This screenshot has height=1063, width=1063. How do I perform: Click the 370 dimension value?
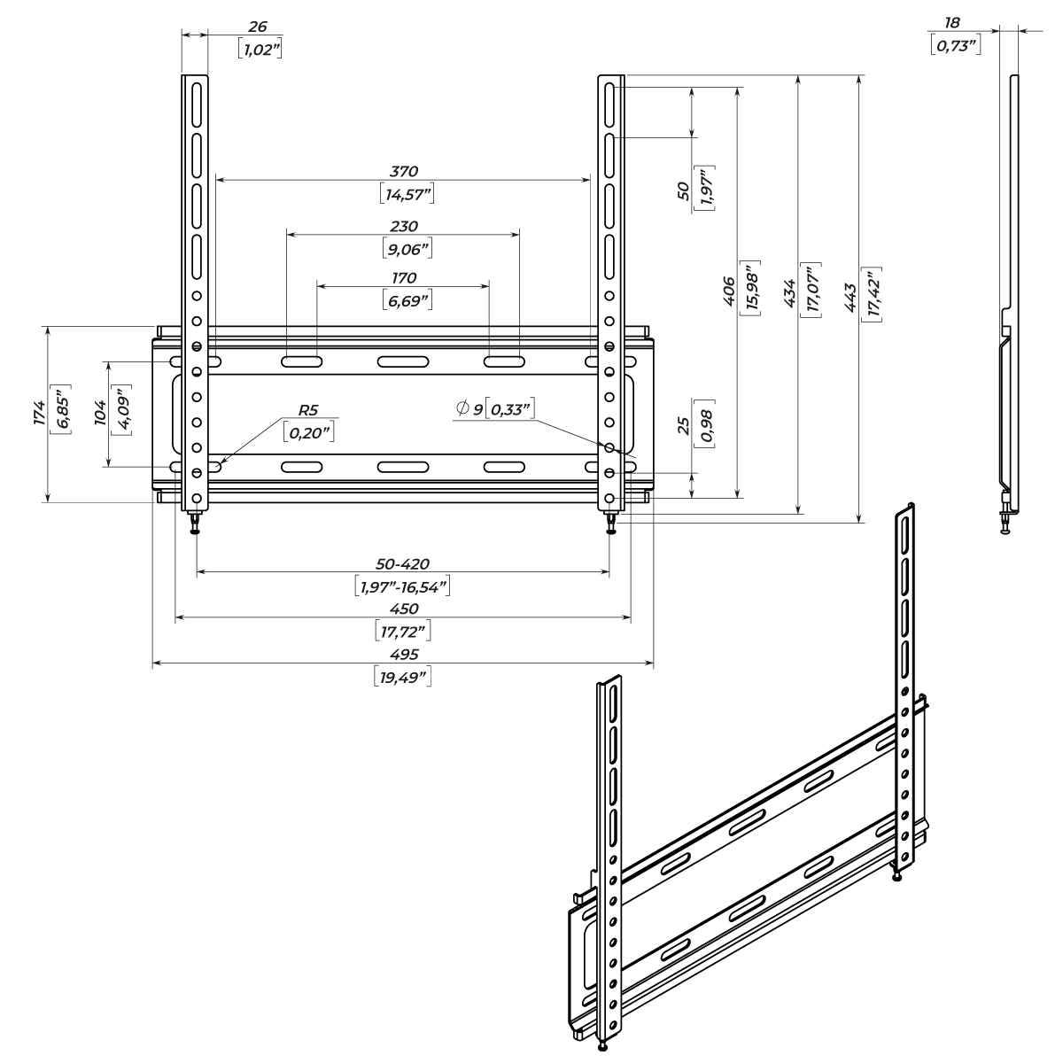coord(404,171)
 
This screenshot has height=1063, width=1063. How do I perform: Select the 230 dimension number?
coord(404,227)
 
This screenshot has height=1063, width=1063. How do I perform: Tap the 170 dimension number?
coord(404,278)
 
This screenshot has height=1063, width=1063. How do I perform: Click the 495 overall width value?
coord(404,654)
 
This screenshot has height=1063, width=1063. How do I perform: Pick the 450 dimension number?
coord(404,609)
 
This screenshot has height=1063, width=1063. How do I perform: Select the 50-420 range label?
coord(404,564)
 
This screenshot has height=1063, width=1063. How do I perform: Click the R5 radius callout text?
coord(308,410)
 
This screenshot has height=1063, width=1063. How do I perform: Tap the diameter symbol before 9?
coord(462,408)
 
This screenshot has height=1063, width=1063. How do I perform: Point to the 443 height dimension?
coord(850,296)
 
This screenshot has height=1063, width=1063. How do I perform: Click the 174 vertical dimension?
coord(38,413)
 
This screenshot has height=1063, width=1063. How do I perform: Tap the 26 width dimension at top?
coord(259,27)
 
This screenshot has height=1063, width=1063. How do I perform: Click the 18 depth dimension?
coord(953,22)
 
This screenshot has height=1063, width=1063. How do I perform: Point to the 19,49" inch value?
coord(404,678)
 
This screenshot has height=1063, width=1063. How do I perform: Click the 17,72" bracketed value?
coord(404,632)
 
